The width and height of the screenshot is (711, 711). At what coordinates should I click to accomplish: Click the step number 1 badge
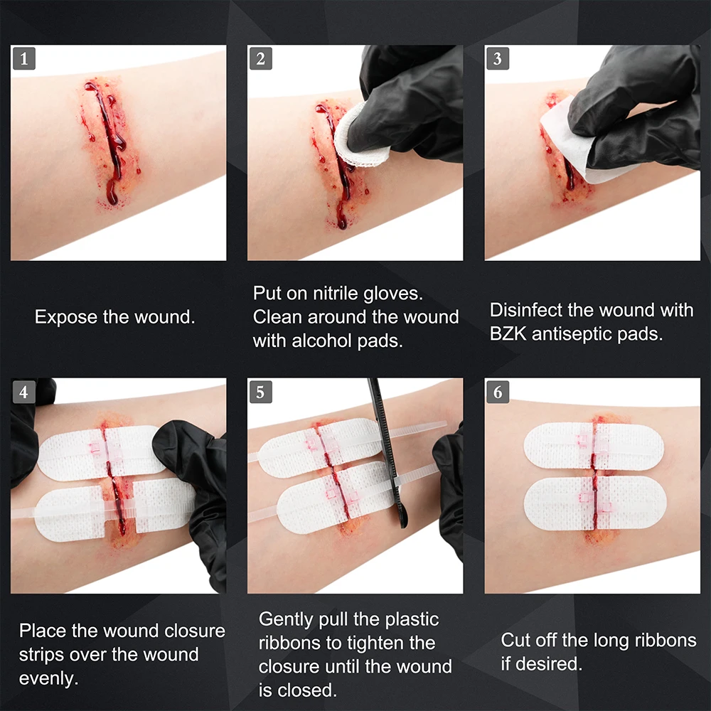(x=23, y=59)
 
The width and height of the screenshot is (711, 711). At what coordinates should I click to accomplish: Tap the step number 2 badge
(x=260, y=59)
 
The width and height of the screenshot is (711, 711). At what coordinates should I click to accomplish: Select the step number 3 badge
(x=497, y=59)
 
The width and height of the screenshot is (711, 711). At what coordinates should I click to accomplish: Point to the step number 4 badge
(x=23, y=392)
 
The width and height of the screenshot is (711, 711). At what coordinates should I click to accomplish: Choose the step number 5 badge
(x=260, y=392)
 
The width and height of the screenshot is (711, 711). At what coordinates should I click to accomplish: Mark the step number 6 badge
(x=497, y=392)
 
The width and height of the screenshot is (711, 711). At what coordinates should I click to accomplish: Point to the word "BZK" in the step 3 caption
(x=510, y=334)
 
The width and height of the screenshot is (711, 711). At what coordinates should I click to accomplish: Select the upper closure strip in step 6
(x=594, y=445)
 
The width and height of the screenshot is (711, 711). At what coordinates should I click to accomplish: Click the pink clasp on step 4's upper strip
(x=96, y=448)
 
